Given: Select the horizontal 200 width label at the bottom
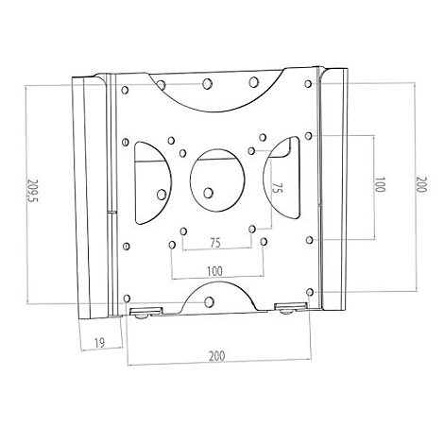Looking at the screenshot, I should click(x=217, y=356).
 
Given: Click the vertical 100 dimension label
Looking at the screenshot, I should click(x=380, y=185).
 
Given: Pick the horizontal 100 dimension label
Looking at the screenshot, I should click(x=215, y=269).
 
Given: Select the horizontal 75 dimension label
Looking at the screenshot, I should click(x=215, y=243).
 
